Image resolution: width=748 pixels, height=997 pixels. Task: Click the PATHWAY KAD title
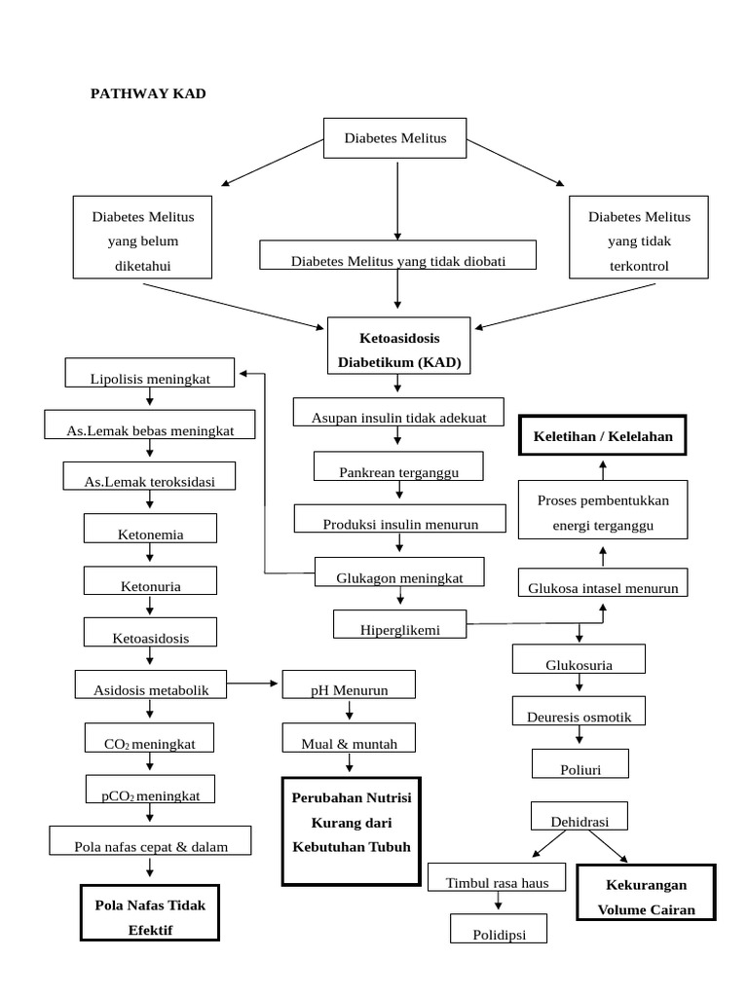(x=148, y=93)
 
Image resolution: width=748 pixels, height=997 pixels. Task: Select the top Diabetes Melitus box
(x=395, y=138)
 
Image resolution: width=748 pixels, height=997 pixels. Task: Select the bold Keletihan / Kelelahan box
(x=603, y=435)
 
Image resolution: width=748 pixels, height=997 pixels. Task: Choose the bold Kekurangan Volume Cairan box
(x=645, y=896)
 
